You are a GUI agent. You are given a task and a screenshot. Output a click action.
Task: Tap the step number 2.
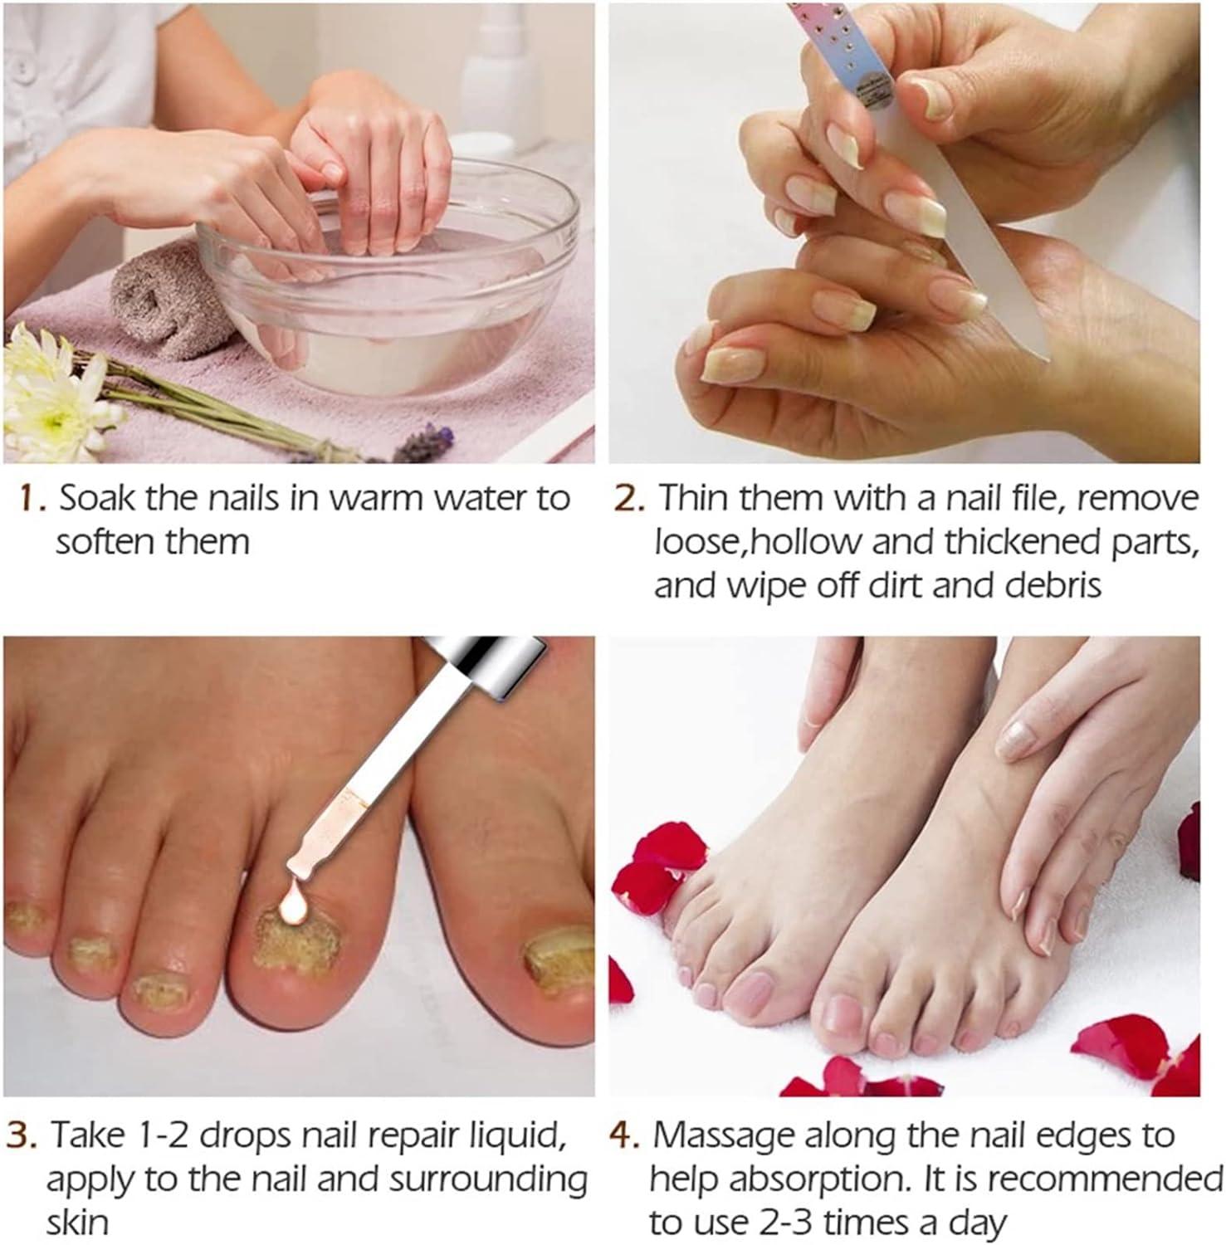pyautogui.click(x=629, y=499)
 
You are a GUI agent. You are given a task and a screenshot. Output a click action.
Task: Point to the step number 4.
pyautogui.click(x=624, y=1135)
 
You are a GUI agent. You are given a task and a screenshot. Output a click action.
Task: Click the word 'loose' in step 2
pyautogui.click(x=691, y=542)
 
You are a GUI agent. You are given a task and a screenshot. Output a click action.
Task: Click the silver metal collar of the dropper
pyautogui.click(x=490, y=664)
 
